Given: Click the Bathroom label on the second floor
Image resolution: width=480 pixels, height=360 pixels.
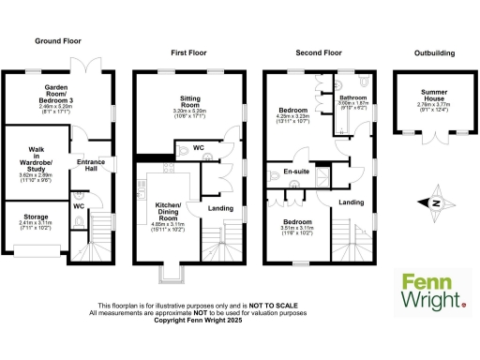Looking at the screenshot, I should pos(352,97).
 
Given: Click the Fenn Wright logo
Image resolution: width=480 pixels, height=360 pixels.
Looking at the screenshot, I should pos(432,291).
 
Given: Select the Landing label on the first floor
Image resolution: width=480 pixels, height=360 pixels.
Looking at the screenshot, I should pos(220,208).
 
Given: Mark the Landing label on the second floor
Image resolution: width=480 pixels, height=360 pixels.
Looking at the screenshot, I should pos(351,202).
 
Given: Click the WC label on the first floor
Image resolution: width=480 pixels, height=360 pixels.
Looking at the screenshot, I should pos(198,147).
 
